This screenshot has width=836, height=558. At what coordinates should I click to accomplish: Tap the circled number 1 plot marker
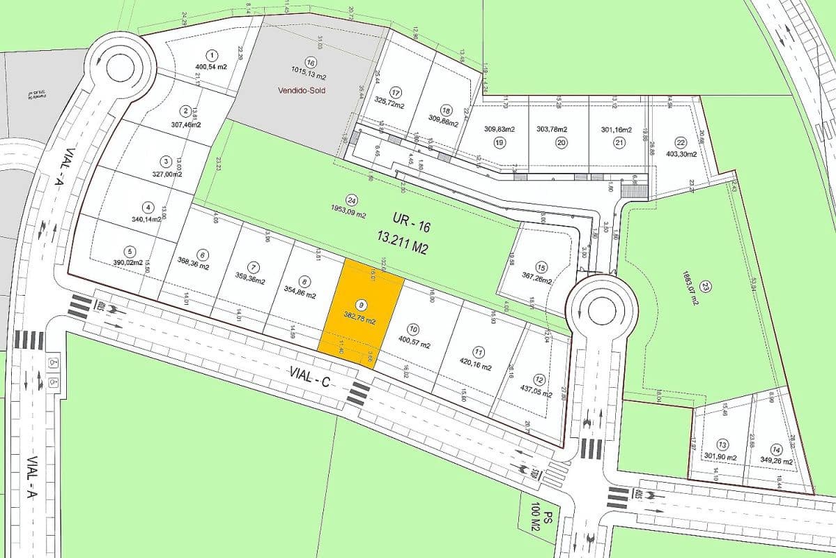pos(211,55)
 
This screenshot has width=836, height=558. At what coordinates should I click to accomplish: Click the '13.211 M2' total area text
pos(401,247)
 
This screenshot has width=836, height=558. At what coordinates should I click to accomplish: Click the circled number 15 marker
pos(541,266)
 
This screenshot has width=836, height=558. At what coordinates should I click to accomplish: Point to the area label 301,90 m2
pos(720,457)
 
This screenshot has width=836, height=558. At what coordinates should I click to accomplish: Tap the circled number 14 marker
pos(776,448)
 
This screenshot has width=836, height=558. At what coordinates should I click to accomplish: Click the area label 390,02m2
pos(128,263)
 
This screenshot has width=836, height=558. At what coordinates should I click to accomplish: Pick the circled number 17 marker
pos(396,92)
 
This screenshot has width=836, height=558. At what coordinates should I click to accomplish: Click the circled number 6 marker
pos(202,255)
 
